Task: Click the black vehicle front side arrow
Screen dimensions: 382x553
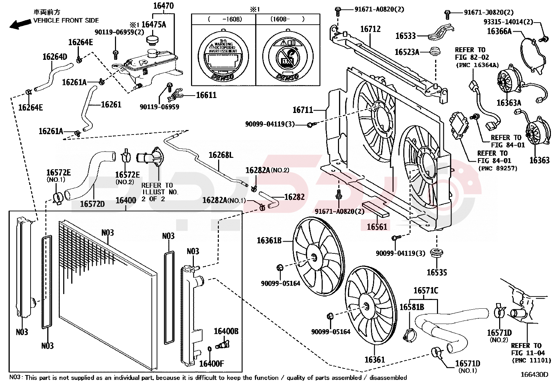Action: click(20, 24)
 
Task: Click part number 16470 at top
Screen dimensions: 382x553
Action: click(163, 6)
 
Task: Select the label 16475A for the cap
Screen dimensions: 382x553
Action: click(154, 24)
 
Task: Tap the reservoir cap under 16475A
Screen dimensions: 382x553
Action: click(152, 40)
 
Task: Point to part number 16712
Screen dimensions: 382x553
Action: click(370, 29)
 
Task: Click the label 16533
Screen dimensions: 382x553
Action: click(405, 36)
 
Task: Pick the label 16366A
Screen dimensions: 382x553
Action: click(499, 32)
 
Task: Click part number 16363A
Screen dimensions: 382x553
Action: click(509, 103)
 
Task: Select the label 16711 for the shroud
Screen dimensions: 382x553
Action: click(303, 110)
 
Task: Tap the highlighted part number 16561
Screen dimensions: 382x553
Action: click(377, 227)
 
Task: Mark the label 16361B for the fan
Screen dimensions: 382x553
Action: click(269, 241)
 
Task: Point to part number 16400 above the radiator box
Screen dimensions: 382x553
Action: click(126, 201)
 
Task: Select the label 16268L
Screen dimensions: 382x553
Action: click(221, 155)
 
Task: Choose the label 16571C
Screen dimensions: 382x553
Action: click(426, 291)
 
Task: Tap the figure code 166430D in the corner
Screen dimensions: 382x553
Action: click(534, 374)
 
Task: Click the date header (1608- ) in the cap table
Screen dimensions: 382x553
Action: click(287, 19)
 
